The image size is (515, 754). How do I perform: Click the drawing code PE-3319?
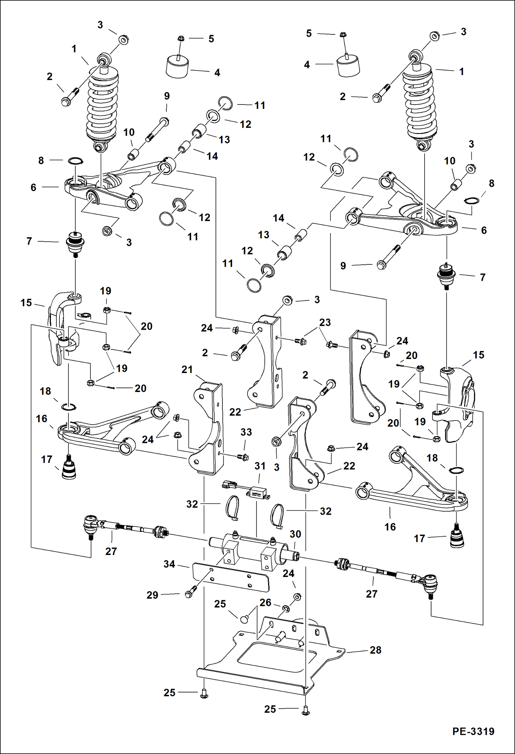pos(473,731)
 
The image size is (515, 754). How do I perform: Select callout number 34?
pos(169,564)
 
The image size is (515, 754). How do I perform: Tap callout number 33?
pos(246,432)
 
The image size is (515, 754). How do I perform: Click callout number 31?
pos(260,466)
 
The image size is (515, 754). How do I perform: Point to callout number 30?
pos(295,534)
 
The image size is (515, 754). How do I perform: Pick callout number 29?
pos(152,595)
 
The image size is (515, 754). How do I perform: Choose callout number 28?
pos(375,650)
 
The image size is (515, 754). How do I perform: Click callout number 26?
pos(265,602)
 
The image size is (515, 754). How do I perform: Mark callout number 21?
pos(187,370)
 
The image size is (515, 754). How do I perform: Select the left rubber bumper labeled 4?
pos(177,67)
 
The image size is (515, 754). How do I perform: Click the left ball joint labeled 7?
pos(75,243)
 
